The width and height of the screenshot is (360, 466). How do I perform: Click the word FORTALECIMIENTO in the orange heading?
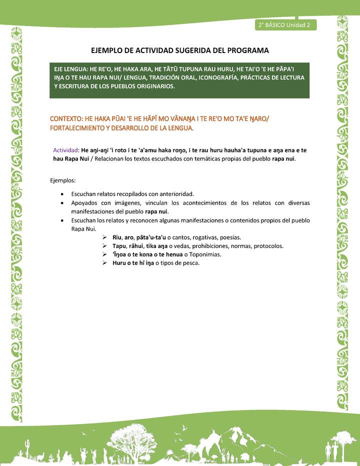79,128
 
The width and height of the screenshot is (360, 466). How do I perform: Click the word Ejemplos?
63,180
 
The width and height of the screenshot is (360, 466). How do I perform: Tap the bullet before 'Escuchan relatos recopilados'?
61,193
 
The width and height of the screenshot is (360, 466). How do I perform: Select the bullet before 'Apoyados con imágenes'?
61,203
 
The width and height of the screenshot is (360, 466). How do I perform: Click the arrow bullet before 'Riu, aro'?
105,237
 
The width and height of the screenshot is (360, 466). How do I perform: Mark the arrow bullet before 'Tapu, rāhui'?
105,246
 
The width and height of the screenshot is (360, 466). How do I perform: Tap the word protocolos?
268,246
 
